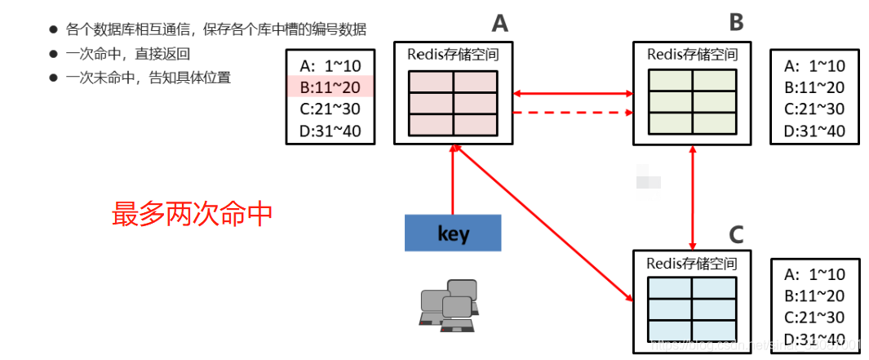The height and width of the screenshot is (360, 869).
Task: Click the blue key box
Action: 453,233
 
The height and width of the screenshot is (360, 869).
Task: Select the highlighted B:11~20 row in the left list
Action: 330,87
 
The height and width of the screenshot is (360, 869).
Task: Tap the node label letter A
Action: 499,23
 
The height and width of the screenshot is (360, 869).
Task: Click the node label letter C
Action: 735,234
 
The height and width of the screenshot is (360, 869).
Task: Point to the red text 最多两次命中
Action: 192,214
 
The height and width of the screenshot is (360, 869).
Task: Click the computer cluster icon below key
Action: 447,306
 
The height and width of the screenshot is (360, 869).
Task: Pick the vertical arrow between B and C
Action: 693,197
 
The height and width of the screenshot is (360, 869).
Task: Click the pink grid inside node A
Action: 453,103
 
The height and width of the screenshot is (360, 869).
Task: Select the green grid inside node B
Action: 692,102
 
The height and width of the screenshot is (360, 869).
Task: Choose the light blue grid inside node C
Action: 692,309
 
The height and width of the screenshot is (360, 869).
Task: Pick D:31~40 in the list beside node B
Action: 814,131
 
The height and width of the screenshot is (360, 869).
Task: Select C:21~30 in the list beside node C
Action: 814,318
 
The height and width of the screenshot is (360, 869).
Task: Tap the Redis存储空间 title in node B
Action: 692,56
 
